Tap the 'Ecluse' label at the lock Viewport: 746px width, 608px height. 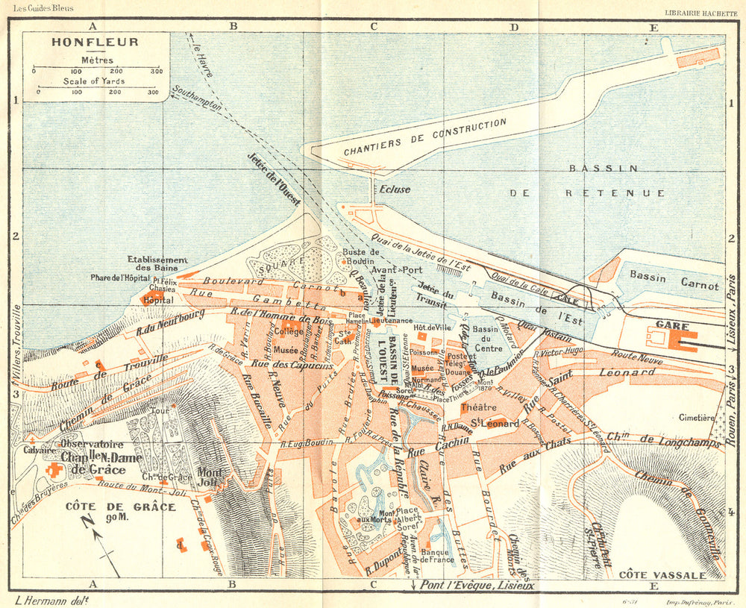coord(395,189)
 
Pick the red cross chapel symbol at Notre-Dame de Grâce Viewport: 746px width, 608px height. coord(54,471)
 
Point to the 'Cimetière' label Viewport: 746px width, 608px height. coord(698,419)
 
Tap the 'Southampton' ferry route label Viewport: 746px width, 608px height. coord(196,98)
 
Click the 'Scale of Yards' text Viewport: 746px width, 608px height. coord(94,81)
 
